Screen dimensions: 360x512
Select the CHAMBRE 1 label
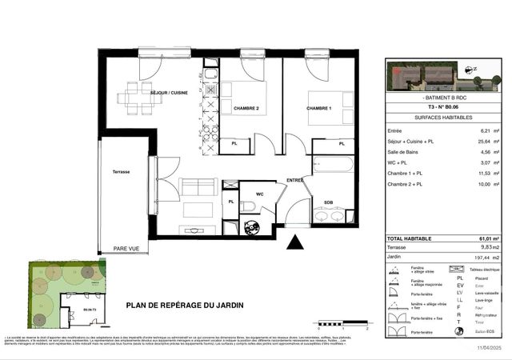click(320, 108)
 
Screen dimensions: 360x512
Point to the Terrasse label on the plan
click(121, 172)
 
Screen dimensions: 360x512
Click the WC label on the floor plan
click(259, 194)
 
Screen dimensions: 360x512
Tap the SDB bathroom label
click(328, 202)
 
